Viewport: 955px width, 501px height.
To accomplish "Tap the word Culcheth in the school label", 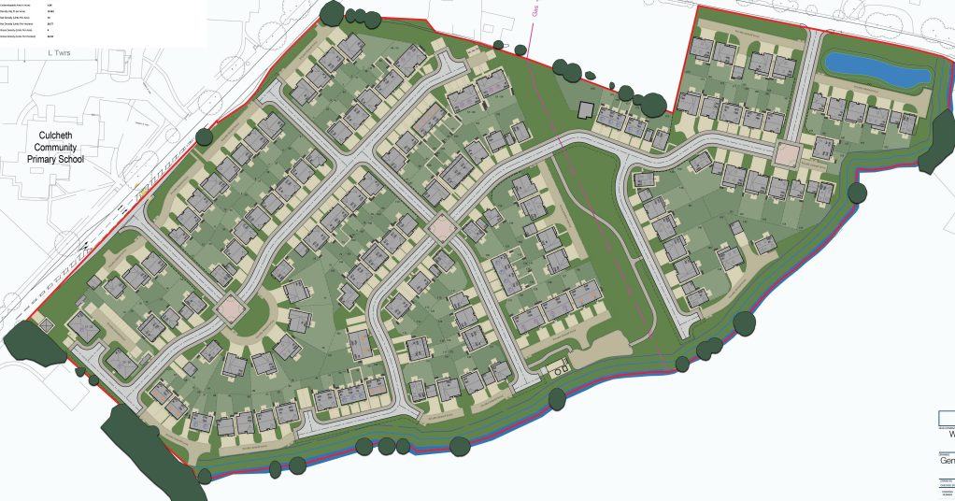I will [58, 134].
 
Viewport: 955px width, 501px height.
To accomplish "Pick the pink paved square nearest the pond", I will [788, 152].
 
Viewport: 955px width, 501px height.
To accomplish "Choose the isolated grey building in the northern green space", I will [586, 110].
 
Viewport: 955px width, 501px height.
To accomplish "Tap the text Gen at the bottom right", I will [946, 460].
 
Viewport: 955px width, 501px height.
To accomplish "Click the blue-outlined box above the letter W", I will [947, 417].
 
